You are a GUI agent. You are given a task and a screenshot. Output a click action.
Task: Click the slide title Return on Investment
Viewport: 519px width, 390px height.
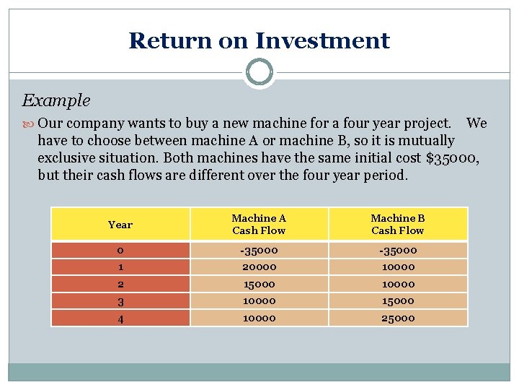point(259,40)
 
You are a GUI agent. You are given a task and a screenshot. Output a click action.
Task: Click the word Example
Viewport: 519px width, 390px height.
point(56,100)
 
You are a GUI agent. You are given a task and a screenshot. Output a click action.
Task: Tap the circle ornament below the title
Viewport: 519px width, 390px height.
point(259,72)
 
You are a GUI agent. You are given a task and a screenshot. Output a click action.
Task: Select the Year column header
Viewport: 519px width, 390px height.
point(120,225)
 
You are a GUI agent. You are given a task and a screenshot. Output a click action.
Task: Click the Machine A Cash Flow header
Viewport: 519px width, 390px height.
point(259,224)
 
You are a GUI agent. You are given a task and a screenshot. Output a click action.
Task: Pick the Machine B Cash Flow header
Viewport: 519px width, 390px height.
point(397,224)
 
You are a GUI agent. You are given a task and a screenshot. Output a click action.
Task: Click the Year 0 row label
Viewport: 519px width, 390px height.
point(120,250)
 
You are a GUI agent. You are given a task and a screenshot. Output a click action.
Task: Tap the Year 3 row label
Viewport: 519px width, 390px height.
point(120,300)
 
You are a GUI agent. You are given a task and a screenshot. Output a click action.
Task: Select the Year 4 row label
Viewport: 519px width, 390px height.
point(120,318)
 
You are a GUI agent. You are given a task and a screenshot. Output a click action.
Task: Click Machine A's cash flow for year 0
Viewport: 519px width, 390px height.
point(259,250)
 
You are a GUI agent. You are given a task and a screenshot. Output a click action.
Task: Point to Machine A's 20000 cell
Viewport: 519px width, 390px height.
point(259,266)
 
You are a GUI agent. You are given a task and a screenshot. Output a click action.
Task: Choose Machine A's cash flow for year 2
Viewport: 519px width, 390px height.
point(259,283)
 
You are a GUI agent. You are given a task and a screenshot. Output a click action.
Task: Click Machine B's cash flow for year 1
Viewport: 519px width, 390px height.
point(397,266)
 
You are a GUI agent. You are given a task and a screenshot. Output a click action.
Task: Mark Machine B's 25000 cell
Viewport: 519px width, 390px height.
point(397,318)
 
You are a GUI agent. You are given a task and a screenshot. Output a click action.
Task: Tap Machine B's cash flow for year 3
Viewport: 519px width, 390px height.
point(397,300)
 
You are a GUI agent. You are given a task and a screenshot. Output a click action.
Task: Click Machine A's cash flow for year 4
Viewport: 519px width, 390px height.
point(259,318)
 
